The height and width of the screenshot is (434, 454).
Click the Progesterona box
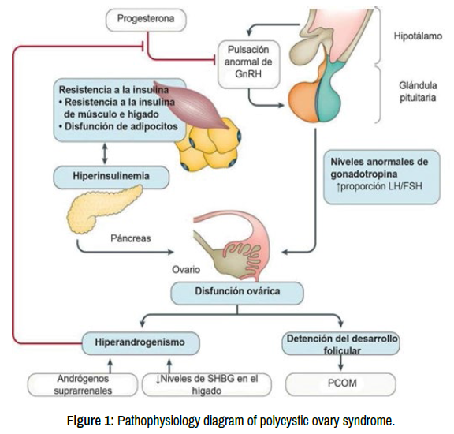[x=146, y=20]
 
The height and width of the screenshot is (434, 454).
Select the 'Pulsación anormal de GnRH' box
[x=249, y=64]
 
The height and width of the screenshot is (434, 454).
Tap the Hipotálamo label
[x=418, y=36]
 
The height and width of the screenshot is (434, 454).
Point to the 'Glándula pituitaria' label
[x=418, y=92]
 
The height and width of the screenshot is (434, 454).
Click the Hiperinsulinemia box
[x=111, y=177]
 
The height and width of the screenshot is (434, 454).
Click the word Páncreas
[x=131, y=238]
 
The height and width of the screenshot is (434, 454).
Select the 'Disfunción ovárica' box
[x=237, y=293]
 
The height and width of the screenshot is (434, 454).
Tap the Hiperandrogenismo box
[x=141, y=343]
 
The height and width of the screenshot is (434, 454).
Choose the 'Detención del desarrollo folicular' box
[x=340, y=344]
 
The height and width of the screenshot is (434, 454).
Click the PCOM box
[x=340, y=383]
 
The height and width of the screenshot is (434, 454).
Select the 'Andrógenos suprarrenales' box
[x=83, y=384]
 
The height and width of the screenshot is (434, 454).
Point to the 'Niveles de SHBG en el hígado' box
[x=207, y=384]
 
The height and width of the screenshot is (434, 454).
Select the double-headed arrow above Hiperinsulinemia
[x=105, y=153]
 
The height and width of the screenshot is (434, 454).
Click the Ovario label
[x=186, y=270]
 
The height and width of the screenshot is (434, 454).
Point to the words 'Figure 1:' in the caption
[x=91, y=421]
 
